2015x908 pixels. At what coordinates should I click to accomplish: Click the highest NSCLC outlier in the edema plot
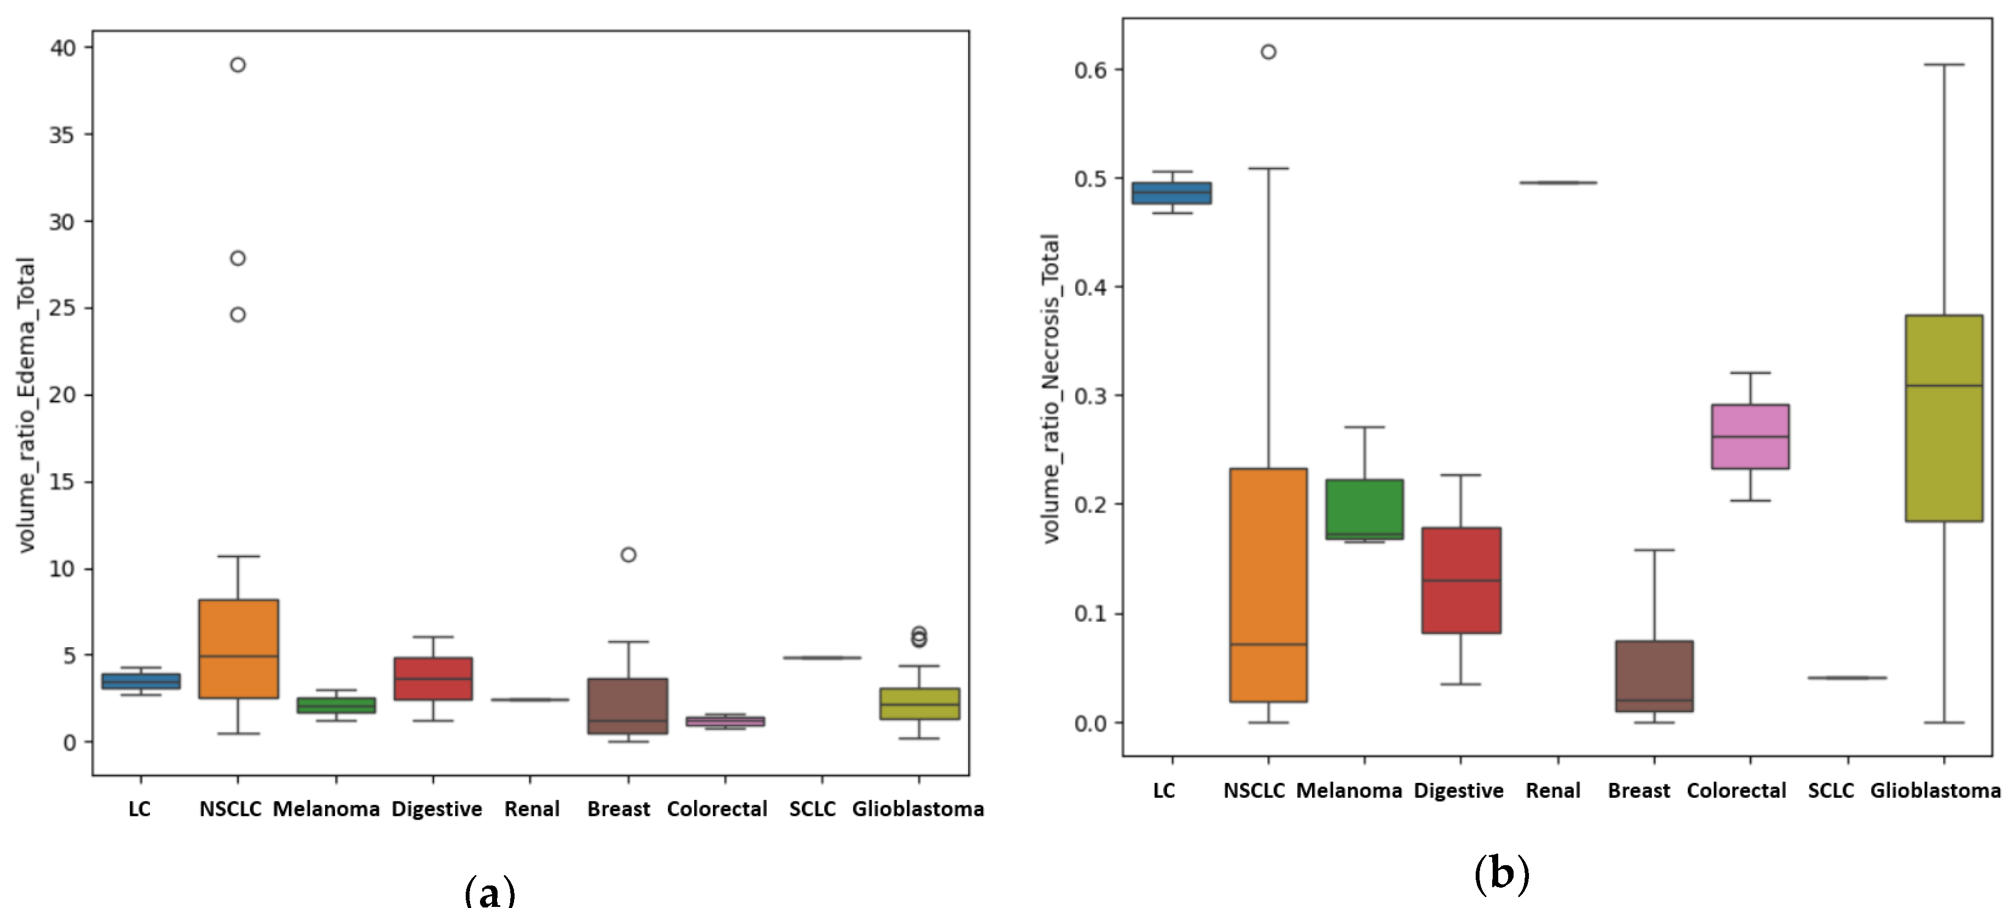pos(238,65)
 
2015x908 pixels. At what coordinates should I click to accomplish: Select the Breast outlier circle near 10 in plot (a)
pos(628,554)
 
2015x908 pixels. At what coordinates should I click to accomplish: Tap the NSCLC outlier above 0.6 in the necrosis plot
pos(1268,52)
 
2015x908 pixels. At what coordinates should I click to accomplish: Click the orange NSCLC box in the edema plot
pos(238,648)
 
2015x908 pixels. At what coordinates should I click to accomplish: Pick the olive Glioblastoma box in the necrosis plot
pos(1944,418)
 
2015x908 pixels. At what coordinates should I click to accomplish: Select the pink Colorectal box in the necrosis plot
pos(1750,436)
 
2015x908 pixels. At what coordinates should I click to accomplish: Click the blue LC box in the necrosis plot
pos(1172,193)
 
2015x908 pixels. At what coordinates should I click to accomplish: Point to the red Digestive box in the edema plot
pos(433,678)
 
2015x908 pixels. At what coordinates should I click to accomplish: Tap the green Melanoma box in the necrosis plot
pos(1364,509)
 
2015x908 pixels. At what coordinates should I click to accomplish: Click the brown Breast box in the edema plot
pos(628,705)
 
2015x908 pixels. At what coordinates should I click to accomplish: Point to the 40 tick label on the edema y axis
pos(63,48)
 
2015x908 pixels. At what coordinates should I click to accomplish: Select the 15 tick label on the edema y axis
pos(63,482)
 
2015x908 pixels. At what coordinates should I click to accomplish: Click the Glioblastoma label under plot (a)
pos(918,809)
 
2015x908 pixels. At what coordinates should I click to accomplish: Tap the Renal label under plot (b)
pos(1553,791)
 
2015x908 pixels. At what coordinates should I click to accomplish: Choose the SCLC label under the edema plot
pos(812,809)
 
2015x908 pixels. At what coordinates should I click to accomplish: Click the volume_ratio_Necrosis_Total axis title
pos(1051,388)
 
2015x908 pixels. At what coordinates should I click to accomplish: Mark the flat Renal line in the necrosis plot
pos(1558,182)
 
